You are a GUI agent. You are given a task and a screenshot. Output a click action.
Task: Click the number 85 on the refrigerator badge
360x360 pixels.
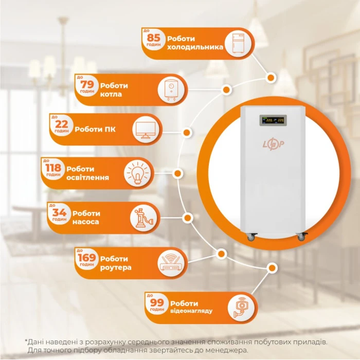click(154, 37)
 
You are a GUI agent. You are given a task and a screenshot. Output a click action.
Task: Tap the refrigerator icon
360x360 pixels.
click(238, 43)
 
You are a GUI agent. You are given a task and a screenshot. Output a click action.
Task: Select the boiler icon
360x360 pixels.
click(171, 90)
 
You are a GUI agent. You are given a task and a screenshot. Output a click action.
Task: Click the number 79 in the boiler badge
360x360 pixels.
click(87, 84)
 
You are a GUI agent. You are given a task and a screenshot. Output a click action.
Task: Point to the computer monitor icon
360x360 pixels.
click(146, 130)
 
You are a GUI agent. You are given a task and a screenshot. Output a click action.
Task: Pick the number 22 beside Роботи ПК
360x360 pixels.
click(62, 124)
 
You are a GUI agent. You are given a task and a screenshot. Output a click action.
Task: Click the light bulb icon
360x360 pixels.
click(137, 173)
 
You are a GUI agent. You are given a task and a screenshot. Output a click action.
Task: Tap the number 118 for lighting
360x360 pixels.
click(53, 168)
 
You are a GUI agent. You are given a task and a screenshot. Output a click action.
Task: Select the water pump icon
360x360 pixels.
click(143, 218)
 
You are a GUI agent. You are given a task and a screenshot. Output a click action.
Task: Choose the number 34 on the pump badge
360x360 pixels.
click(60, 212)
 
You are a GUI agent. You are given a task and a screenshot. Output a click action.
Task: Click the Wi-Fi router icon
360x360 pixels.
click(171, 263)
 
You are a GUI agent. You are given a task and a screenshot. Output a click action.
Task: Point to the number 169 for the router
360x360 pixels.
click(86, 258)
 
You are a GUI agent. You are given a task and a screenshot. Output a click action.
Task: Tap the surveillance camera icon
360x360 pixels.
click(241, 308)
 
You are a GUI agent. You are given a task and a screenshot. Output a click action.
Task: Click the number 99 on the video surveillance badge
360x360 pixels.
click(157, 302)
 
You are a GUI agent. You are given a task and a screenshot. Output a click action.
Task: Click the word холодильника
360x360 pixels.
click(195, 47)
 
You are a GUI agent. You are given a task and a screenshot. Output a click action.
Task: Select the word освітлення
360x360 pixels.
click(87, 177)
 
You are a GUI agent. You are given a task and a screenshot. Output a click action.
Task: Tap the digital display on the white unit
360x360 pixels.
click(273, 120)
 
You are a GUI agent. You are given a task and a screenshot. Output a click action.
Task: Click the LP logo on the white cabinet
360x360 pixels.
click(273, 143)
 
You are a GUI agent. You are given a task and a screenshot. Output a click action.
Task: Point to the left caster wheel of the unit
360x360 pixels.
click(252, 237)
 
